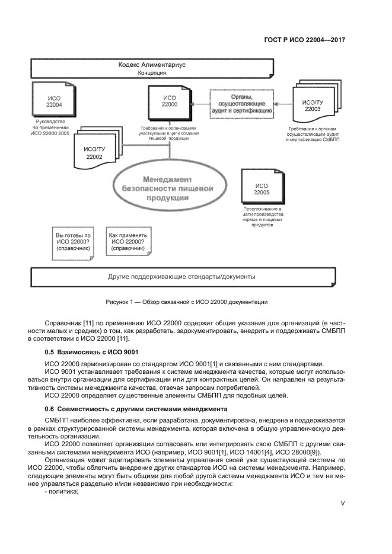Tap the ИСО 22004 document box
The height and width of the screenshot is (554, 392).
49,101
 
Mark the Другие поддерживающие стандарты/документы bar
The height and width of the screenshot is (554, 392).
181,277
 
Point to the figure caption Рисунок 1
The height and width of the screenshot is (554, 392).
186,302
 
